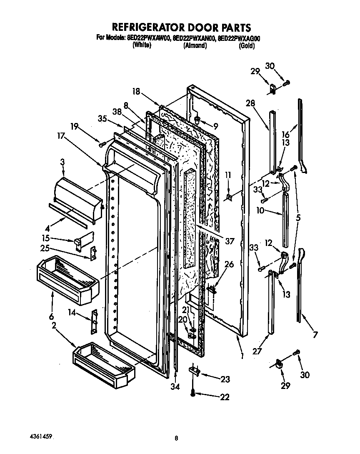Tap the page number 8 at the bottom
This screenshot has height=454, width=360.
[177, 438]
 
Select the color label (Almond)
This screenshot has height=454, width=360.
[195, 46]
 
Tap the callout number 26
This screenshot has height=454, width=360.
[229, 264]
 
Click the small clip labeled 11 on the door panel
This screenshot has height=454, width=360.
[229, 198]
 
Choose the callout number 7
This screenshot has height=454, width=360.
[315, 334]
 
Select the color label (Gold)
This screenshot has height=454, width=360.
[247, 46]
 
